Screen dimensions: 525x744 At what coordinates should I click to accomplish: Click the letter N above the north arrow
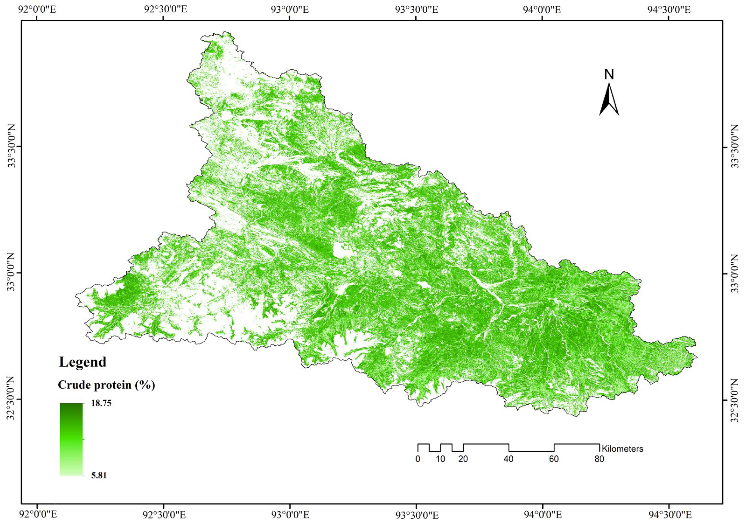click(609, 74)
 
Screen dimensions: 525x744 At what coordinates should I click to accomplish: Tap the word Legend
click(83, 362)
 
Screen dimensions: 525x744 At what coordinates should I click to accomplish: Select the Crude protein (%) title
click(106, 385)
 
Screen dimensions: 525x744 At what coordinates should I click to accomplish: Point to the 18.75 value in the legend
click(98, 403)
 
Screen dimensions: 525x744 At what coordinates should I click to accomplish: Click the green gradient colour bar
click(71, 439)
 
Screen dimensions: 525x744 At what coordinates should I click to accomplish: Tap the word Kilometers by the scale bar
click(622, 449)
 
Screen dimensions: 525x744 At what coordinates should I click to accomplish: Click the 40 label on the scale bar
click(508, 459)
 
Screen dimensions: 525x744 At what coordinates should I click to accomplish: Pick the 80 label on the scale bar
click(599, 459)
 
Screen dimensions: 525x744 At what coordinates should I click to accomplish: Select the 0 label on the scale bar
click(418, 459)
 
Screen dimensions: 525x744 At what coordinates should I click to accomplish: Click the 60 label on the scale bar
click(554, 459)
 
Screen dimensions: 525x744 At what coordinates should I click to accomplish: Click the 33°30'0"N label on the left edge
click(12, 147)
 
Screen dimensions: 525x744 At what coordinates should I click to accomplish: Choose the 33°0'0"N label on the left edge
click(12, 273)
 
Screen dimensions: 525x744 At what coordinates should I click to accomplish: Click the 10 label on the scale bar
click(440, 459)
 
